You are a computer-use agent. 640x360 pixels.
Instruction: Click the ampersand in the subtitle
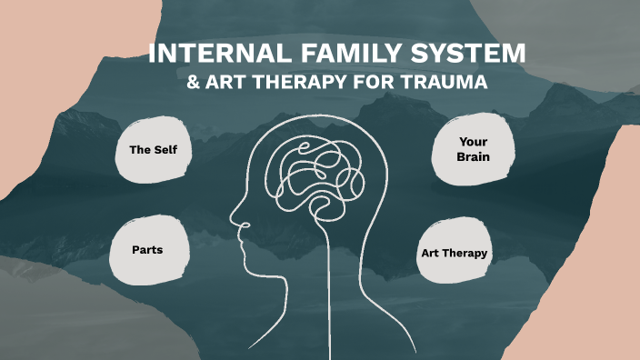click(192, 82)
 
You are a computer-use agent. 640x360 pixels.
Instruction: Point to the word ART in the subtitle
click(225, 82)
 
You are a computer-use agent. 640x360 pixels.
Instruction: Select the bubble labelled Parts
click(147, 248)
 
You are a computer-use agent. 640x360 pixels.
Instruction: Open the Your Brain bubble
click(474, 149)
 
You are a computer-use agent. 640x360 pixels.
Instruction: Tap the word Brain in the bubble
click(474, 157)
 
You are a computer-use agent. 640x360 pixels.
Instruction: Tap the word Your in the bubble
click(474, 142)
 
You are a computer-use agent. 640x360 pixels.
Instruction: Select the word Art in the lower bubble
click(430, 252)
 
